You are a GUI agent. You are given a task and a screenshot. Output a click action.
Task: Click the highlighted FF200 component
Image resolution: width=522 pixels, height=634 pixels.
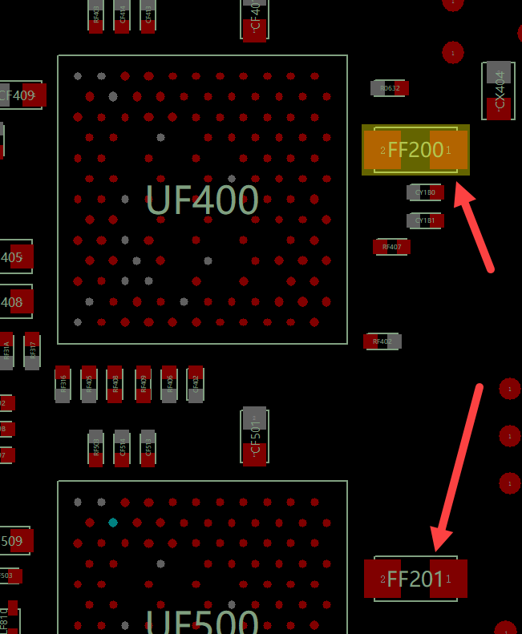click(415, 150)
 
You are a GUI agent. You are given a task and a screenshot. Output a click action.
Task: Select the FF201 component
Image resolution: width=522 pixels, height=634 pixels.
click(415, 579)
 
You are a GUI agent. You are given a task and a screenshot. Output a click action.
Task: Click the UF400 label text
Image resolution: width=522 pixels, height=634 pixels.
click(202, 200)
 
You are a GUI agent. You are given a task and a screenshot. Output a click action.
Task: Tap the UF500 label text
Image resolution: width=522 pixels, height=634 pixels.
click(202, 622)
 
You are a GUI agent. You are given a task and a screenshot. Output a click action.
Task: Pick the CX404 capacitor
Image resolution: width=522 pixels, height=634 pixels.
click(498, 91)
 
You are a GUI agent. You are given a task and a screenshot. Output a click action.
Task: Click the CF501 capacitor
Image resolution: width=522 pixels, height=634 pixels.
click(254, 436)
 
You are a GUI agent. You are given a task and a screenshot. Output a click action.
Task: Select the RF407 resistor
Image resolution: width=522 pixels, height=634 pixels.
click(391, 247)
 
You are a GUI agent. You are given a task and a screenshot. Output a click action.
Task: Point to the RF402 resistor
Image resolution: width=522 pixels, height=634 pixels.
click(382, 341)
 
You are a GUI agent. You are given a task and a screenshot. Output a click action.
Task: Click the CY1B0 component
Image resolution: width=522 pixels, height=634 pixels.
click(425, 192)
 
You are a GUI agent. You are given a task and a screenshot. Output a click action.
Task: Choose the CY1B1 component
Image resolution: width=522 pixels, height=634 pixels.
click(425, 220)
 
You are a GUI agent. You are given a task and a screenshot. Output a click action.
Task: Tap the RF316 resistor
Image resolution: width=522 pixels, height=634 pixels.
click(63, 385)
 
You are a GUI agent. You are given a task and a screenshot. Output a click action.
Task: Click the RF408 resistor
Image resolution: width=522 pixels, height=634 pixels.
click(115, 385)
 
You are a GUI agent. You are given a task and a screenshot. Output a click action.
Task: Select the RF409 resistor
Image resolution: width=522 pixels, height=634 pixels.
click(143, 385)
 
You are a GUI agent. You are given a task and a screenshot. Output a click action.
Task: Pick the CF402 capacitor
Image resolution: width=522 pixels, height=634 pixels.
click(195, 385)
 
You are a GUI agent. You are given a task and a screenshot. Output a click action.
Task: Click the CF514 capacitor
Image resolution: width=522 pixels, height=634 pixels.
click(122, 449)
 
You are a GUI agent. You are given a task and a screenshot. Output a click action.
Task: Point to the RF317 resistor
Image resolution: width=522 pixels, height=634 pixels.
click(32, 351)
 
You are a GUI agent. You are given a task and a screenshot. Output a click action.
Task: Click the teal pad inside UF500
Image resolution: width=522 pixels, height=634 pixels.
click(113, 523)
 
